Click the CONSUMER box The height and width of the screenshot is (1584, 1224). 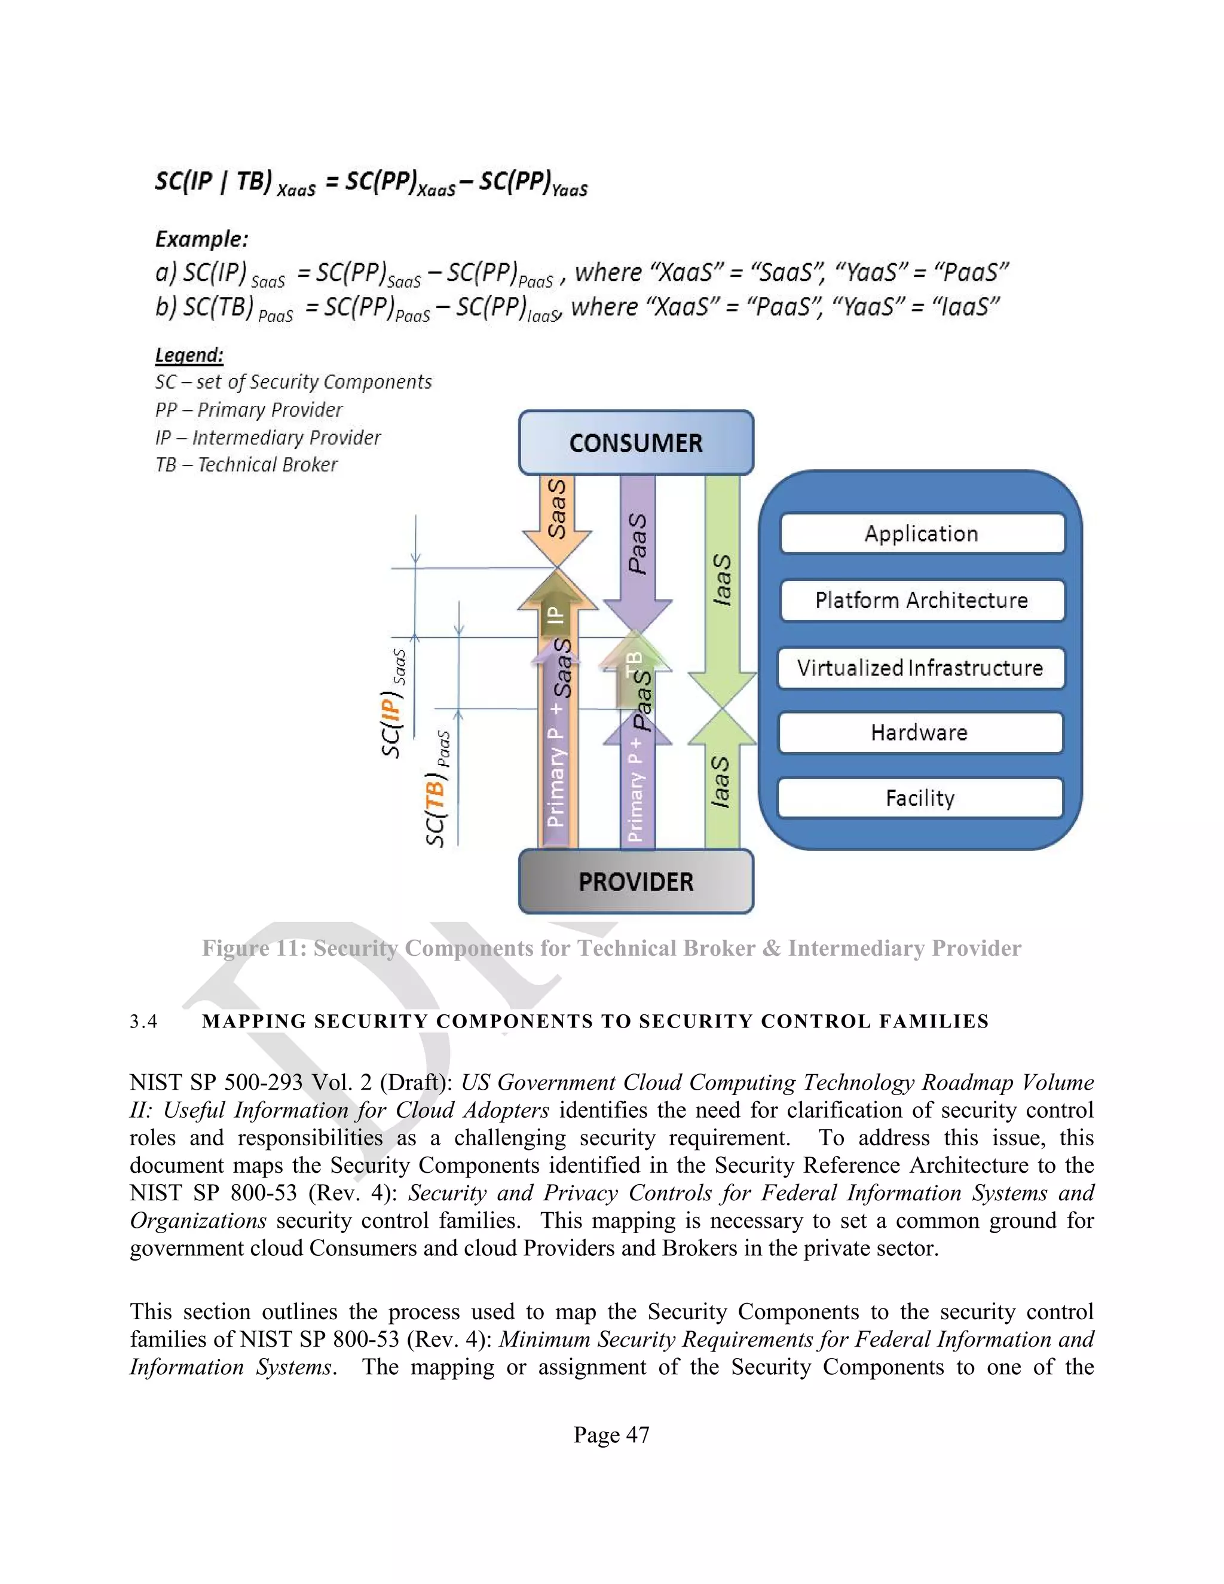coord(636,442)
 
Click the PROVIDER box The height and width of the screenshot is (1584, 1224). coord(636,881)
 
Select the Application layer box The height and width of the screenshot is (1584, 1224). coord(921,534)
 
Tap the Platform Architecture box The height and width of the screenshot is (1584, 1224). coord(921,601)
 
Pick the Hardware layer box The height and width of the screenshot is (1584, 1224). coord(919,733)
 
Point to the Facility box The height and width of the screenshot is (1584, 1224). coord(919,798)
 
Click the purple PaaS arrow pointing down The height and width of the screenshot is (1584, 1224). coord(637,551)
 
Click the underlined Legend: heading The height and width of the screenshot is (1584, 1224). coord(189,356)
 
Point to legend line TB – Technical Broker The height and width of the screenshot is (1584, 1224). coord(247,465)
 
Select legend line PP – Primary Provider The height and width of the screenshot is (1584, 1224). coord(249,410)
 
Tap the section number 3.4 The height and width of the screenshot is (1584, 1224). coord(143,1022)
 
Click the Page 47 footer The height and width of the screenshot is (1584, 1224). coord(611,1435)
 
